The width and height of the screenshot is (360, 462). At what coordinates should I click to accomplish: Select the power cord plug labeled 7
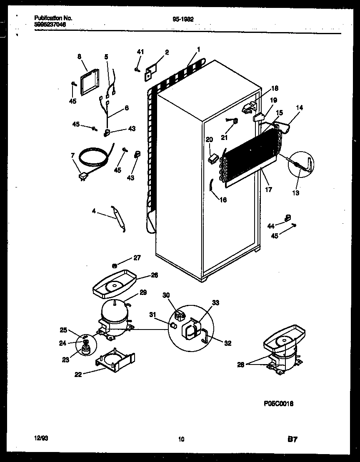click(x=83, y=178)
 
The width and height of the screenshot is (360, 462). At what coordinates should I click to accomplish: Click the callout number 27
click(x=137, y=258)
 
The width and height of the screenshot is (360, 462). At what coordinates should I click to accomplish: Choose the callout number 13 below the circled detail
click(x=296, y=193)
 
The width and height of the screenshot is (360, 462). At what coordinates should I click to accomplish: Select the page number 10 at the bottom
click(x=180, y=439)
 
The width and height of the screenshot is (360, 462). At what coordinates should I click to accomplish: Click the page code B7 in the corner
click(x=292, y=439)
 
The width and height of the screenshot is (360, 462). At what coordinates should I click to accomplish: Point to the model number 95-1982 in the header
click(x=183, y=18)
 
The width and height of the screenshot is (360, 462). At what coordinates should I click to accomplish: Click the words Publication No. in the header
click(x=53, y=18)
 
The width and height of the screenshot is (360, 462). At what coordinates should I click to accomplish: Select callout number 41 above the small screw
click(x=140, y=52)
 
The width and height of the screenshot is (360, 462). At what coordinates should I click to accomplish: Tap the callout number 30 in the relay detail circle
click(x=166, y=295)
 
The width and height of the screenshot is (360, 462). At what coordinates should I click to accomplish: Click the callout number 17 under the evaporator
click(x=268, y=190)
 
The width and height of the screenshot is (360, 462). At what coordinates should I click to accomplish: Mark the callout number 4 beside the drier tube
click(x=94, y=211)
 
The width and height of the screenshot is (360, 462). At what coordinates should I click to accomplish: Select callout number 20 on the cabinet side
click(x=209, y=140)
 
